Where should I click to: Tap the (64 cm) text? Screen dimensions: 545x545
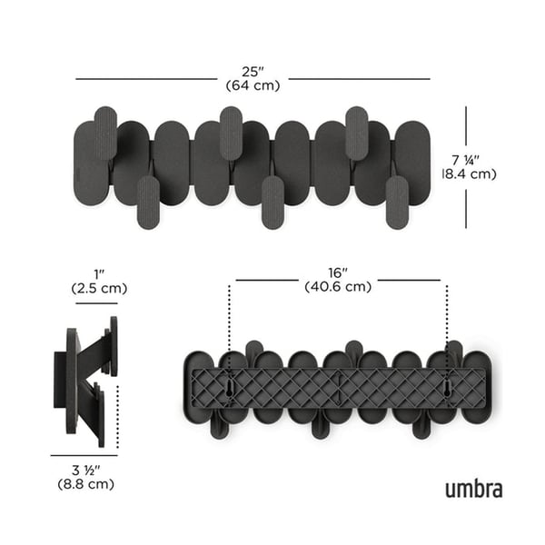click(252, 84)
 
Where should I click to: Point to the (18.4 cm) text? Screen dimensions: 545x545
click(470, 173)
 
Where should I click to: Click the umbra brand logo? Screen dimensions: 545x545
click(473, 490)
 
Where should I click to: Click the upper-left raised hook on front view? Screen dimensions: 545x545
click(105, 132)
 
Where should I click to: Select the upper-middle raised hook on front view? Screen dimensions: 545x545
click(231, 132)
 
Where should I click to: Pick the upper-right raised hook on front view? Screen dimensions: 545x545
click(356, 132)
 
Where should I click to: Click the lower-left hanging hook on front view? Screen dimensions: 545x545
click(148, 202)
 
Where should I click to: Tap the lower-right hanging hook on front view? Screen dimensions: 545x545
click(396, 202)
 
